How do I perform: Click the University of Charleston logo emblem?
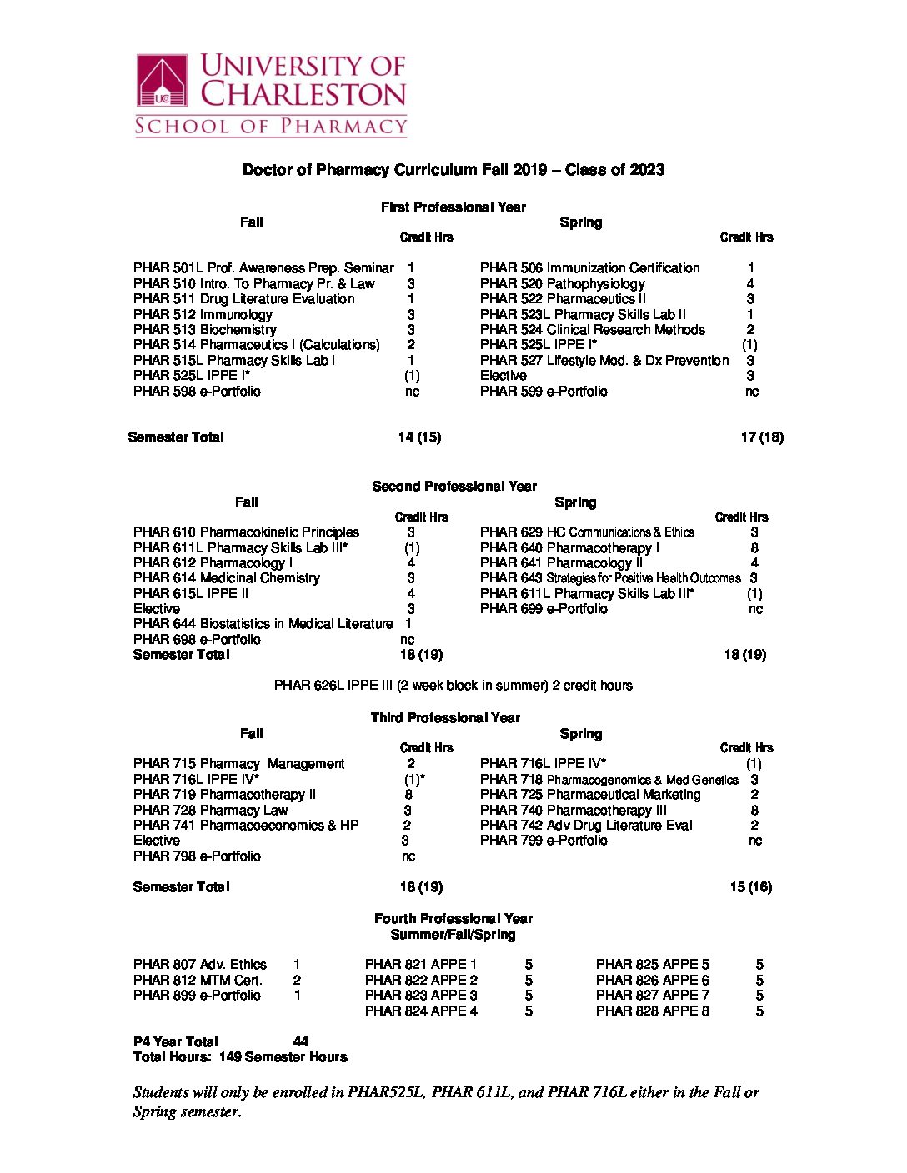(163, 81)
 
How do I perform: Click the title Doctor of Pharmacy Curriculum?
(453, 170)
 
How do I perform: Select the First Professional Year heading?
(453, 207)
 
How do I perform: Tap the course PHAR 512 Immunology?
(203, 314)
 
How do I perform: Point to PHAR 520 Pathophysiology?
(562, 283)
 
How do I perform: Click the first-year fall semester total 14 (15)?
(419, 437)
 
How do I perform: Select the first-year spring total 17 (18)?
(761, 437)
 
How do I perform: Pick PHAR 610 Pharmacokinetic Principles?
(246, 532)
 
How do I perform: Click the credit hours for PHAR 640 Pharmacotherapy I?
(754, 548)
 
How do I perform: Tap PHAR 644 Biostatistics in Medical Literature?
(263, 624)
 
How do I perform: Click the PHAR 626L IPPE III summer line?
(453, 686)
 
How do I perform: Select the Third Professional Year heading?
(445, 718)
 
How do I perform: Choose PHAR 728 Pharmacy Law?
(210, 811)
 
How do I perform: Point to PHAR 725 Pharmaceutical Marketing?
(589, 795)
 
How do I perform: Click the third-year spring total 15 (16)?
(750, 887)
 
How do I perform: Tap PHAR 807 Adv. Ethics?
(200, 965)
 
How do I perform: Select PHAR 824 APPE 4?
(421, 1011)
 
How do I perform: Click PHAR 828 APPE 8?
(652, 1011)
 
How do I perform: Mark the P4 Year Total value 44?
(301, 1042)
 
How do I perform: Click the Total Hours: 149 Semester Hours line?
(240, 1057)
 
